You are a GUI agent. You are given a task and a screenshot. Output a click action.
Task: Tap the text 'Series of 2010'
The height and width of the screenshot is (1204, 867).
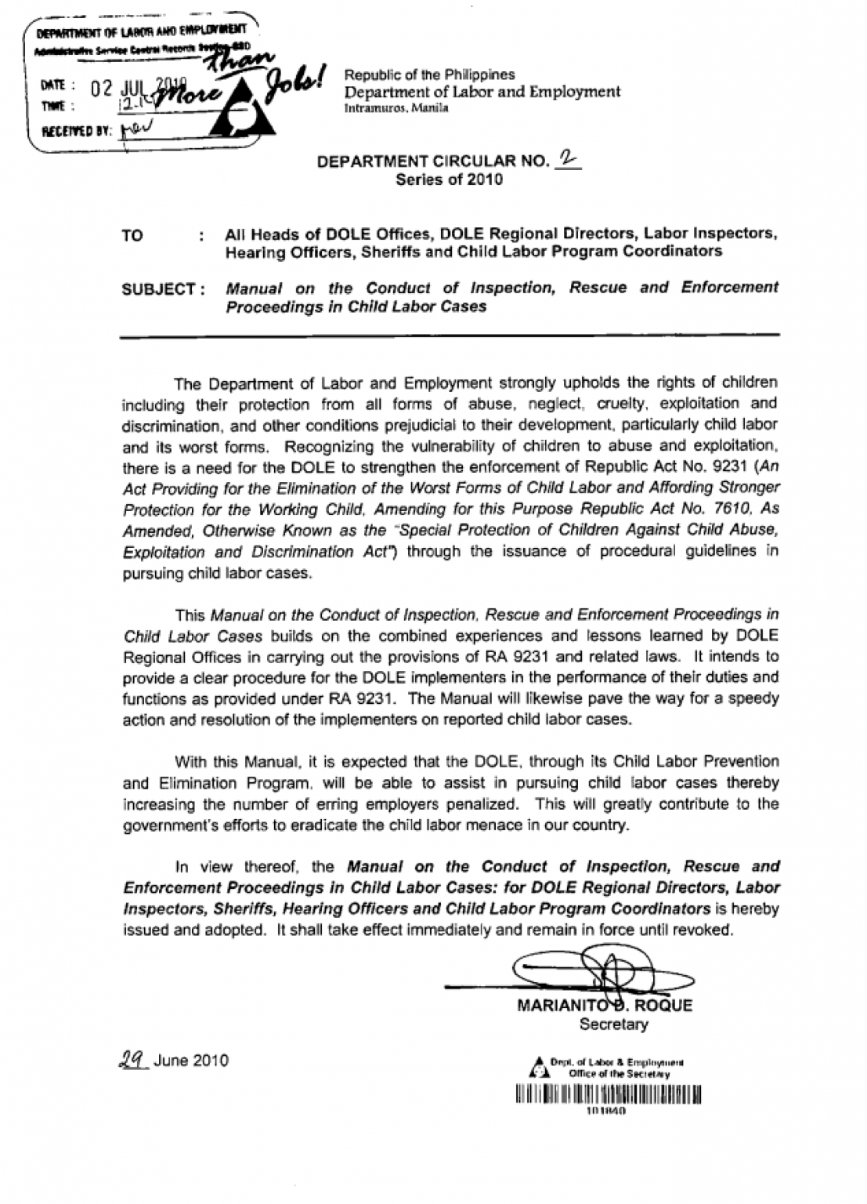(x=449, y=180)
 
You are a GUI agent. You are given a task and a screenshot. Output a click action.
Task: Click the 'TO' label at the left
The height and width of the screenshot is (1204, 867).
(x=132, y=236)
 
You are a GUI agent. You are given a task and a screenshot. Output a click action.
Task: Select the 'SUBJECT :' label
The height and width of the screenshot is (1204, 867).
(x=164, y=289)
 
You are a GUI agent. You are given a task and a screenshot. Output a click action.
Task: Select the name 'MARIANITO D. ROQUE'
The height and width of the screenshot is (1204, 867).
(x=605, y=1006)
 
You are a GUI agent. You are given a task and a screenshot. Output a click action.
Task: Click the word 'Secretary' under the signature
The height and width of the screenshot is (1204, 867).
(x=613, y=1024)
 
